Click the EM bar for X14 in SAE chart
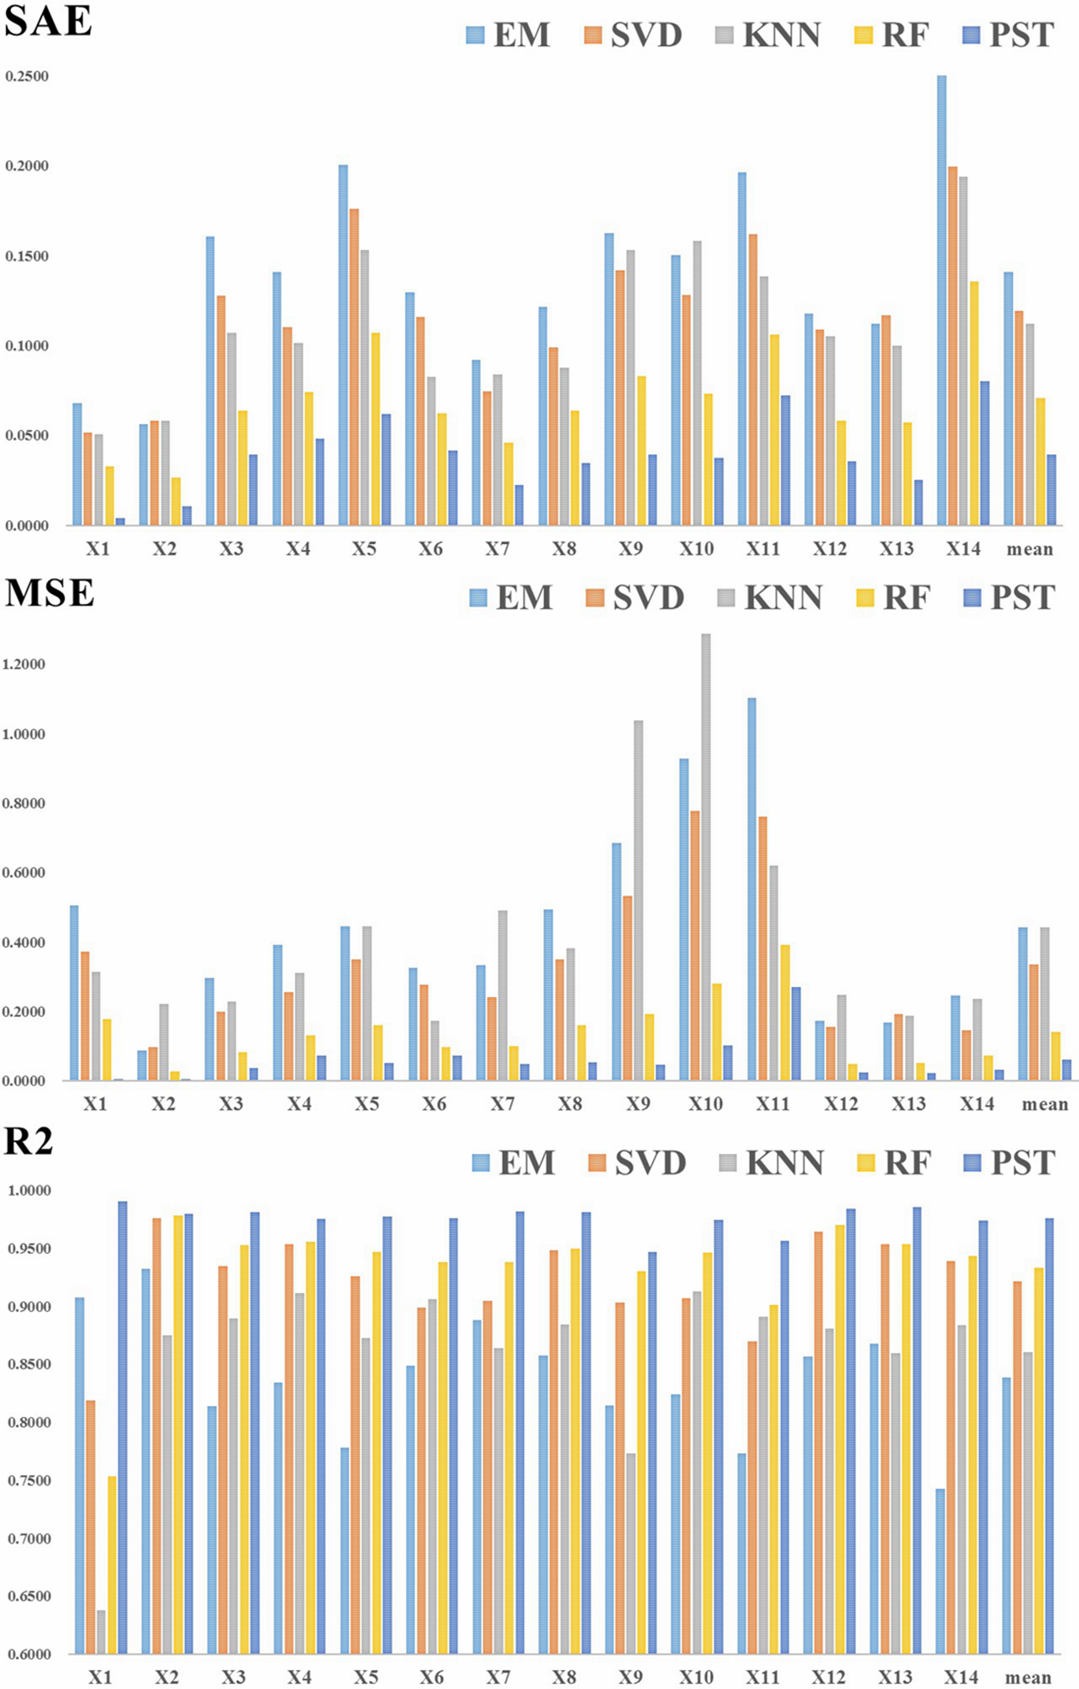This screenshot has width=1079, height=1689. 942,300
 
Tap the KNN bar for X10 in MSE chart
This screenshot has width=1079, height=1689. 705,857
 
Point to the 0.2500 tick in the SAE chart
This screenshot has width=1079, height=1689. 27,76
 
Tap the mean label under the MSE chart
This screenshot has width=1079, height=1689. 1045,1104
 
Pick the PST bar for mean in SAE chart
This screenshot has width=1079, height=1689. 1051,490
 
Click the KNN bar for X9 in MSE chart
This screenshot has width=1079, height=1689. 638,901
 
